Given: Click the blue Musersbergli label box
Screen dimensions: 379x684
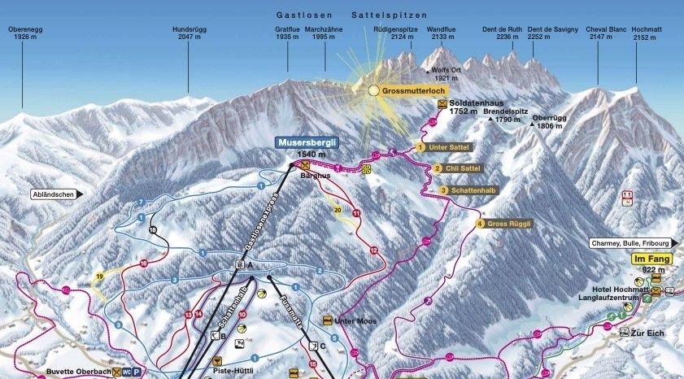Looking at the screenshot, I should (x=305, y=142).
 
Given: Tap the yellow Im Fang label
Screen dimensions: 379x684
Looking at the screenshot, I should (x=648, y=259).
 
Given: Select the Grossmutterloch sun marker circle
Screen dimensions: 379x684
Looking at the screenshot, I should (x=373, y=91).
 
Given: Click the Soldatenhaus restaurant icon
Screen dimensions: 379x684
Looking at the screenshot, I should (x=442, y=104).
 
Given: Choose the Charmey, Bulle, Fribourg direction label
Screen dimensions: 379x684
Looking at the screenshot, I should (x=631, y=242).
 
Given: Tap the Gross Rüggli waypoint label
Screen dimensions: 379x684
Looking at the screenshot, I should (x=505, y=223).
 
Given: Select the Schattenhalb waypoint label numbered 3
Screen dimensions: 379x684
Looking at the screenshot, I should (x=468, y=189).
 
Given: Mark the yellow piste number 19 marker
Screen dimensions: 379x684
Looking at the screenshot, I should (x=99, y=276).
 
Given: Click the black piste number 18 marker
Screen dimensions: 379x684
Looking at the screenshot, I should (x=152, y=231).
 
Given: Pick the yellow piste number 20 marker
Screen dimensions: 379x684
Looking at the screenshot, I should (x=338, y=209).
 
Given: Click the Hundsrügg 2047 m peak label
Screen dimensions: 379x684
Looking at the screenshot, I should (x=186, y=33).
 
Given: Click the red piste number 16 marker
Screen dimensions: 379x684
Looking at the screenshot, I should (x=143, y=264).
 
